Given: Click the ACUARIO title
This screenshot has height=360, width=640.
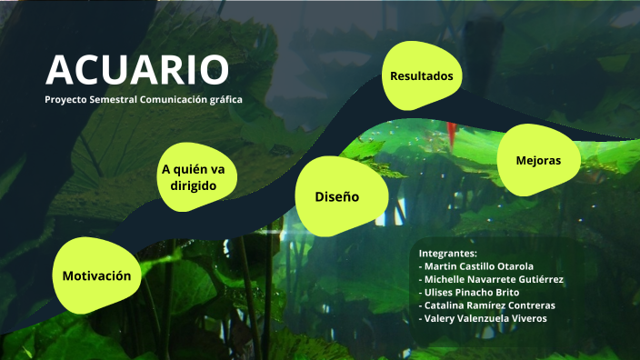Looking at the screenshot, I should (x=137, y=70).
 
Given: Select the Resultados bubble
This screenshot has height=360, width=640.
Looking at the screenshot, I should (x=421, y=76).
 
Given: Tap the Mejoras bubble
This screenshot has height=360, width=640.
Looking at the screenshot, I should (x=537, y=160).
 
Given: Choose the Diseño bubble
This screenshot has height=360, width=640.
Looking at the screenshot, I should (x=337, y=195).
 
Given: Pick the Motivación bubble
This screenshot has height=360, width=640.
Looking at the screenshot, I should (x=96, y=275).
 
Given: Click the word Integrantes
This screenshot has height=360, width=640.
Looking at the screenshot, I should (x=447, y=252).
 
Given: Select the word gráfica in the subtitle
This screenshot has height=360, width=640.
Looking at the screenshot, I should (x=226, y=100).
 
